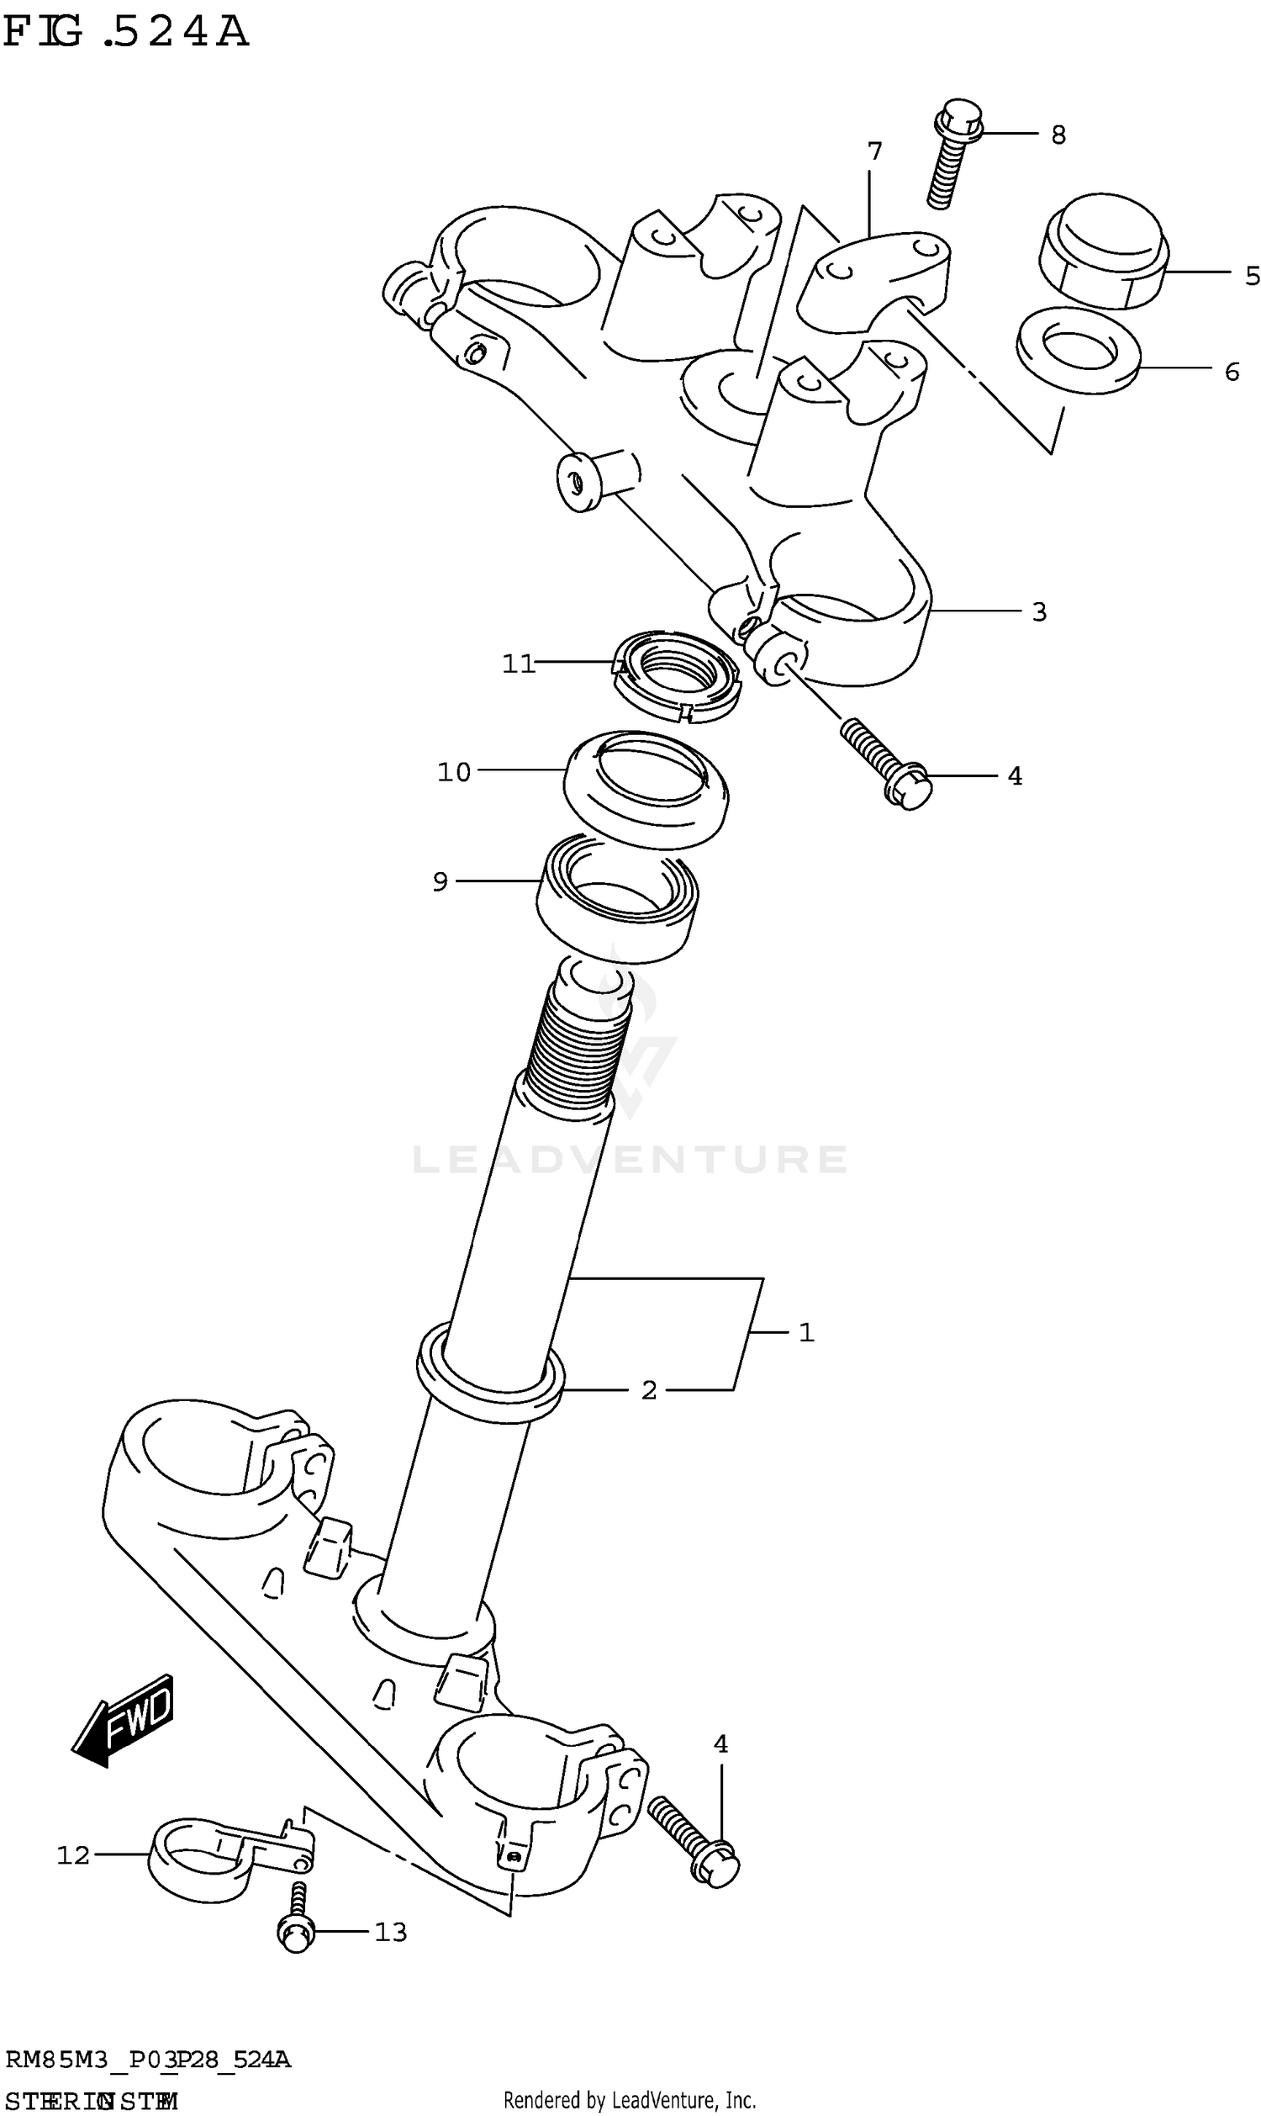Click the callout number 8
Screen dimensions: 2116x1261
pyautogui.click(x=1058, y=135)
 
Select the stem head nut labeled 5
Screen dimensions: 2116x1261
pyautogui.click(x=1103, y=251)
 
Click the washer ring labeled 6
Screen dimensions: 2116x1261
pyautogui.click(x=1079, y=350)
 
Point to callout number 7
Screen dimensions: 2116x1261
pyautogui.click(x=874, y=152)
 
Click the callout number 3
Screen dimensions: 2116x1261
pyautogui.click(x=1039, y=612)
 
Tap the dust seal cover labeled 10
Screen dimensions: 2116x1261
pyautogui.click(x=646, y=790)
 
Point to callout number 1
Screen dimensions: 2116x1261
pyautogui.click(x=806, y=1332)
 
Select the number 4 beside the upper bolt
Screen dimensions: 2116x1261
pyautogui.click(x=1015, y=776)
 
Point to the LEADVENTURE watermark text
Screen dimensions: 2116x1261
pyautogui.click(x=630, y=1160)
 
